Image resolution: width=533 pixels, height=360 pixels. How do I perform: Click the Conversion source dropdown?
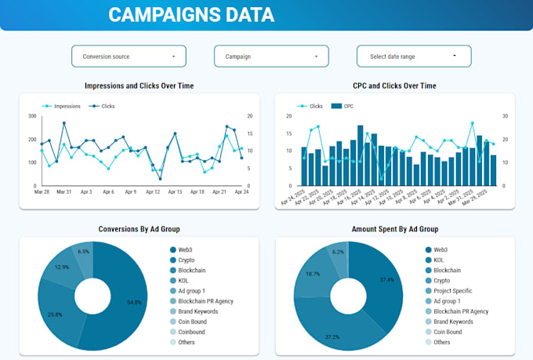click(129, 56)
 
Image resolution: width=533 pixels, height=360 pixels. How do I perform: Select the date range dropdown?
click(414, 56)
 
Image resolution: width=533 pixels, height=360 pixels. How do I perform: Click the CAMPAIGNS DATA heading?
click(191, 14)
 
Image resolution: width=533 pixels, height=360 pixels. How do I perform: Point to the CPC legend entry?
click(349, 105)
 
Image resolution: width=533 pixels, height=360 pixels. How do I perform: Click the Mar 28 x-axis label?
click(41, 191)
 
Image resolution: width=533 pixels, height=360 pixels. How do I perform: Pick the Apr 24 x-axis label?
click(241, 191)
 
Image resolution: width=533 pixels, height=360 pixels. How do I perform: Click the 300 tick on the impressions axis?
click(32, 116)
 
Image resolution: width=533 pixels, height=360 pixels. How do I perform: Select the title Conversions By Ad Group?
click(140, 229)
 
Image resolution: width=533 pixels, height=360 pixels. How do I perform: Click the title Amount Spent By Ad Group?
click(394, 229)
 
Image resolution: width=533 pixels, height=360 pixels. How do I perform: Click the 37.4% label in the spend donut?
click(386, 279)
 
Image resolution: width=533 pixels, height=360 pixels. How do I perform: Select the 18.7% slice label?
click(313, 274)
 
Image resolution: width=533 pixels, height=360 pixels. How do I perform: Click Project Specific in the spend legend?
click(452, 290)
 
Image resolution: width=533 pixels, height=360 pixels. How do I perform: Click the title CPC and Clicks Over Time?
click(394, 85)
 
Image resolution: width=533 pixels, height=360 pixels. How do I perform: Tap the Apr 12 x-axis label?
click(152, 191)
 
